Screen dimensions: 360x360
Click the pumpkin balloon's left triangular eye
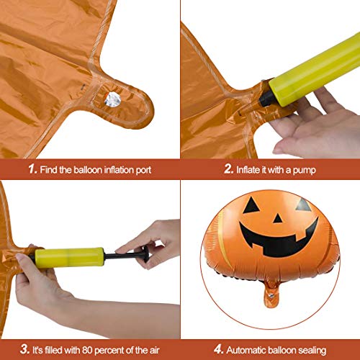(x=252, y=205)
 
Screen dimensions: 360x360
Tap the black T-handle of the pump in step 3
(x=142, y=253)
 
